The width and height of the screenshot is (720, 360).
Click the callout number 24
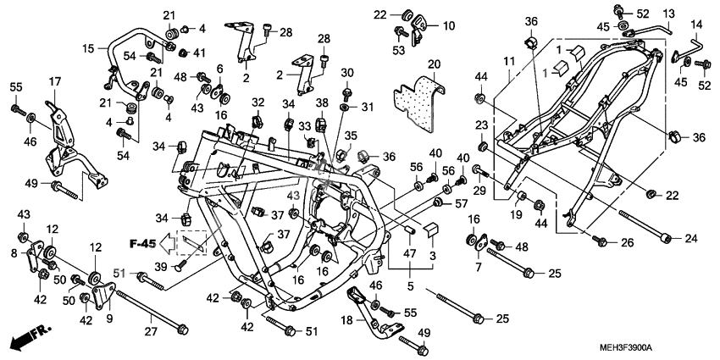[x=692, y=237]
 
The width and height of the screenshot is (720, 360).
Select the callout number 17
[x=55, y=81]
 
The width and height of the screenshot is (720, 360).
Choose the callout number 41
[x=201, y=53]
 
